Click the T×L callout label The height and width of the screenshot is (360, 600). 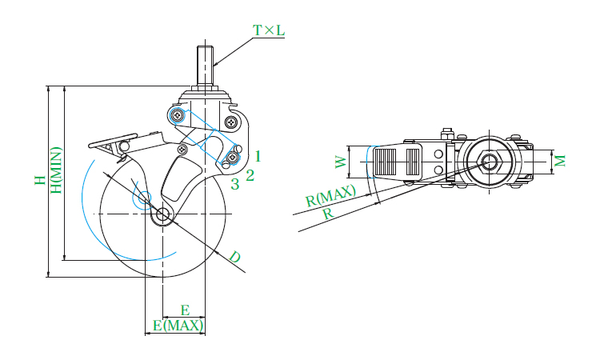[x=269, y=30]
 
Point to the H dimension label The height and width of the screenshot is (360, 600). [x=40, y=180]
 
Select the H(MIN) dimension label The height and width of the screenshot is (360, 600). [x=56, y=170]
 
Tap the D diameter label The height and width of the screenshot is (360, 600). [x=235, y=256]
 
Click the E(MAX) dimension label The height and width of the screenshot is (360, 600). [x=178, y=326]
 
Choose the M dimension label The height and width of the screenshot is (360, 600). [x=560, y=161]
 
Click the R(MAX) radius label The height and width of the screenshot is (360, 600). [x=330, y=195]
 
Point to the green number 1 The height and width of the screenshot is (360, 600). [x=258, y=156]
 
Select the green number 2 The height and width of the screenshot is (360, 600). [x=250, y=175]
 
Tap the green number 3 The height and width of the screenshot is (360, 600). [x=235, y=184]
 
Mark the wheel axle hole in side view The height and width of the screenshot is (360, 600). [x=162, y=214]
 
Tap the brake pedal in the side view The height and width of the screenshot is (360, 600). [x=113, y=141]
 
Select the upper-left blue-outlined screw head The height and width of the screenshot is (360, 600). [x=178, y=114]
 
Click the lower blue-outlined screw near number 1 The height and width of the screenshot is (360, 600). [x=232, y=157]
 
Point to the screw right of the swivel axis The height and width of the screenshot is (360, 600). [x=231, y=122]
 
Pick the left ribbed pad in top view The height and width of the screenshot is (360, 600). [x=385, y=162]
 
